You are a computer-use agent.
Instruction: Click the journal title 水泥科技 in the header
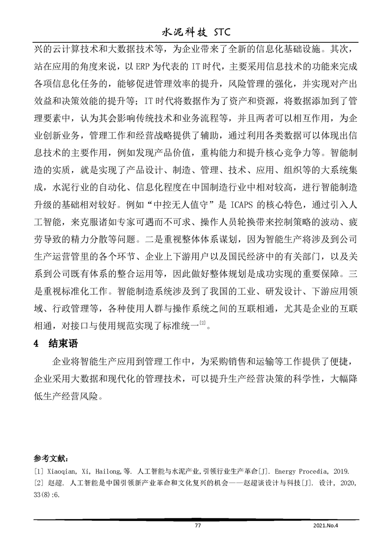[x=183, y=33]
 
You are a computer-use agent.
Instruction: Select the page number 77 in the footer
[x=198, y=526]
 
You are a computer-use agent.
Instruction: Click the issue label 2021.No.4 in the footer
[x=327, y=526]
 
